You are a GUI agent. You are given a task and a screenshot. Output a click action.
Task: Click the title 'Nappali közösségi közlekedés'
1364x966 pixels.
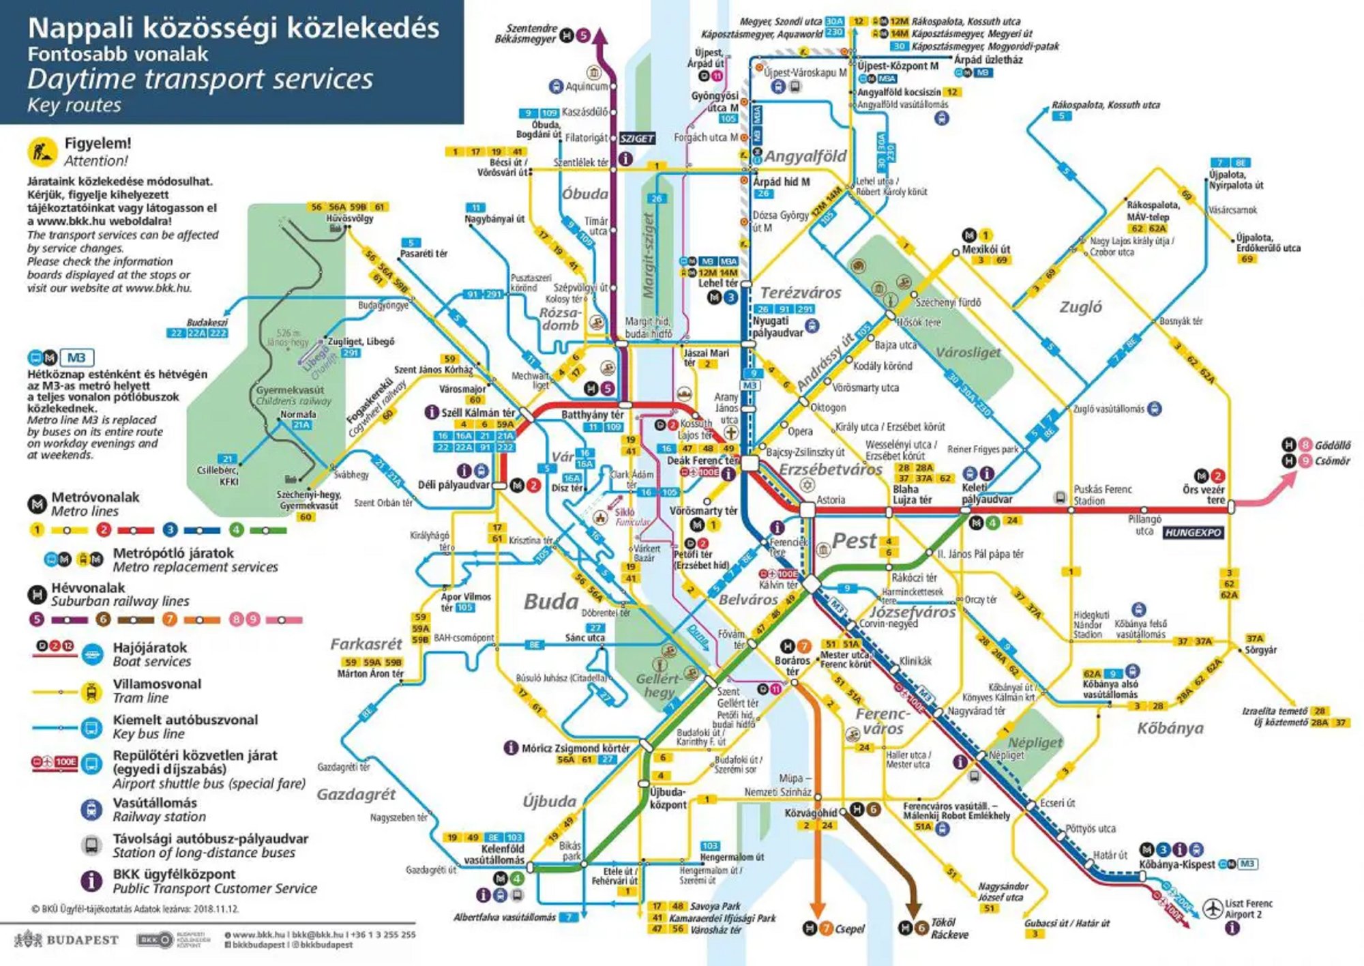point(233,29)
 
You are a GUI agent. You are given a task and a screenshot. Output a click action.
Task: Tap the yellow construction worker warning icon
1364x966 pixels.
point(42,151)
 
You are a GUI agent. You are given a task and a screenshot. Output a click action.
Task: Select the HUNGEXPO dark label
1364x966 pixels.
point(1192,533)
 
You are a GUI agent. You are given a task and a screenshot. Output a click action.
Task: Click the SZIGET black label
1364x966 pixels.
point(636,138)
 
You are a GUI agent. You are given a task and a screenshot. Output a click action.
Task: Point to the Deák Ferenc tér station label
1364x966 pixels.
point(702,460)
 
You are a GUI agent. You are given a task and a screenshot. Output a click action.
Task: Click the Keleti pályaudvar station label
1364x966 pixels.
point(986,493)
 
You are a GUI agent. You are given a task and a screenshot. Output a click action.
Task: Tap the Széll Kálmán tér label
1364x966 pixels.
point(478,413)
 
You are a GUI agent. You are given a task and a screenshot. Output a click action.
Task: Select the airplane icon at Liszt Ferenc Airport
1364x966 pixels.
point(1213,908)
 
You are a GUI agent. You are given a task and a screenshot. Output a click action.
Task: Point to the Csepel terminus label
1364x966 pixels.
point(849,928)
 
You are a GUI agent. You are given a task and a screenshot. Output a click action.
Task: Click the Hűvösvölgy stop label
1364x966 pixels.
point(349,218)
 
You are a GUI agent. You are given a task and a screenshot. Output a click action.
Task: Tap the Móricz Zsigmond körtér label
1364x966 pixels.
point(575,748)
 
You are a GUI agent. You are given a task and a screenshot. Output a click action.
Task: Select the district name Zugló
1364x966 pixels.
point(1080,306)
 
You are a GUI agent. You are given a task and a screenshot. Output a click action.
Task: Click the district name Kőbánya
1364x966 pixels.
point(1170,728)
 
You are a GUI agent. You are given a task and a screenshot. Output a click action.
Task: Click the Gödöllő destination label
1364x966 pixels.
point(1333,445)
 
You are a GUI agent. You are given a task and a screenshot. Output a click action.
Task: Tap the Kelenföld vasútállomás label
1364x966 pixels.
point(494,854)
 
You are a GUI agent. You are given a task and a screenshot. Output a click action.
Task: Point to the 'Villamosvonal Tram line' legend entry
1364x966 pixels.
point(157,690)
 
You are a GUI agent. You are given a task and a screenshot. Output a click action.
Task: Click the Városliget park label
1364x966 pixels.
point(967,352)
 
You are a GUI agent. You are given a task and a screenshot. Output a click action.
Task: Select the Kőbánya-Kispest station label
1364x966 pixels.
point(1176,864)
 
